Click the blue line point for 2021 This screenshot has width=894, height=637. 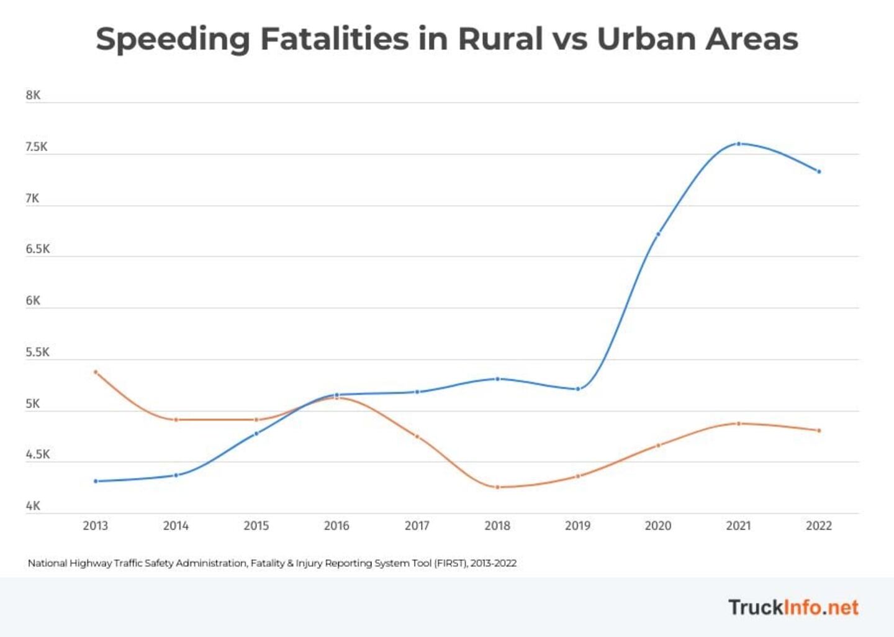coord(738,144)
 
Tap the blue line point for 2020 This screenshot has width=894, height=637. coord(658,234)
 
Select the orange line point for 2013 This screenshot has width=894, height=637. coord(96,372)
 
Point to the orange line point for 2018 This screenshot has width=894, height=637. coord(497,487)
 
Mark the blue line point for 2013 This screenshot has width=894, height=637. coord(96,481)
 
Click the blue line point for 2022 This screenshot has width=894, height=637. coord(819,172)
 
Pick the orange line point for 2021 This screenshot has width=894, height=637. coord(738,423)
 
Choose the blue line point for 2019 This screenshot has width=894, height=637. coord(578,389)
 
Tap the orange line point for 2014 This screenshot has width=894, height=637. coord(176,419)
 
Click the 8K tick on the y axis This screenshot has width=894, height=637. coord(33,95)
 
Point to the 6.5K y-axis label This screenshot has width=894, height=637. coord(37,249)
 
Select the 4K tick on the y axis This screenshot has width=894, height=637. coord(33,506)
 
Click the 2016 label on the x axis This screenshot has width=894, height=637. coord(336,526)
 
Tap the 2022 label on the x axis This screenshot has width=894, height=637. coord(819,526)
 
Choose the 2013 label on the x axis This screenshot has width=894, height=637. coord(96,526)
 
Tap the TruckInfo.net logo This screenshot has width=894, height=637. coord(793,607)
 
